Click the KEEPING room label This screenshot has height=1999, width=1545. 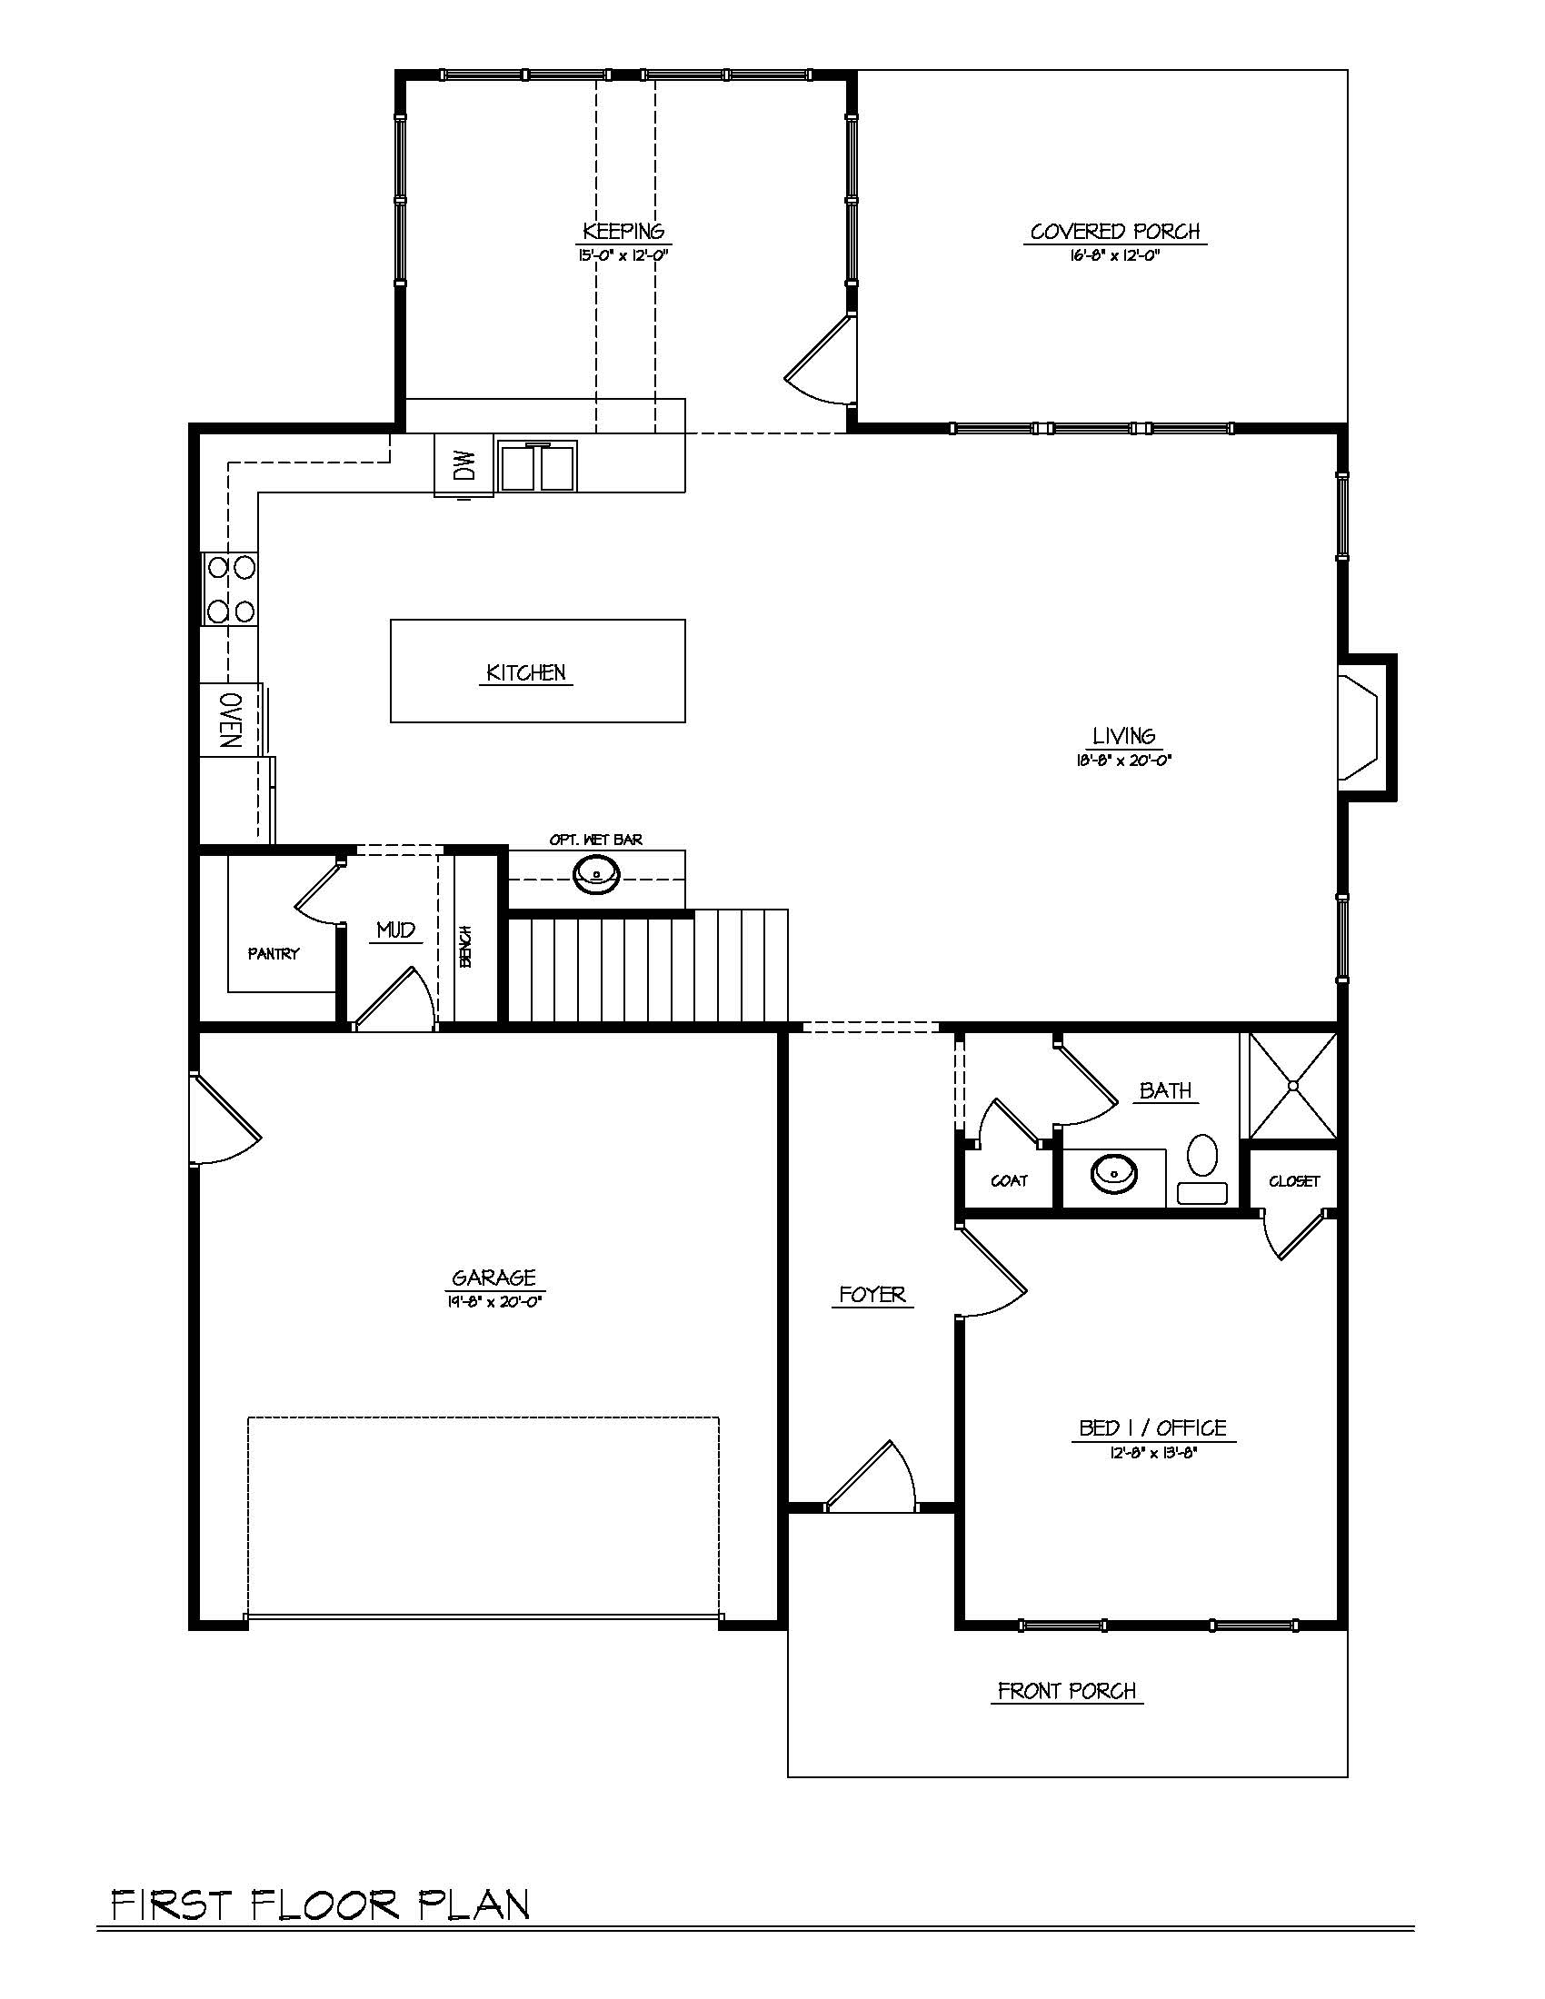pos(624,231)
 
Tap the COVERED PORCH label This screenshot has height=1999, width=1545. pos(1115,232)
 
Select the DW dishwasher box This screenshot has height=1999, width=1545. pos(464,466)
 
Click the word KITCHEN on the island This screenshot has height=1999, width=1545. pos(526,672)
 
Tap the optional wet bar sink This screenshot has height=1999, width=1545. pos(596,874)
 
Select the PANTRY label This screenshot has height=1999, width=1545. pos(274,954)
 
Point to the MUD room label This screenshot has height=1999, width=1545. pos(395,930)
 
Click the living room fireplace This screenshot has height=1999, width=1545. pos(1368,728)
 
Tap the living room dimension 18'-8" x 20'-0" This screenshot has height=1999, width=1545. pos(1124,759)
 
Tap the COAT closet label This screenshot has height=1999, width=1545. pos(1009,1180)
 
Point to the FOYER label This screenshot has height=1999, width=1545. pos(872,1294)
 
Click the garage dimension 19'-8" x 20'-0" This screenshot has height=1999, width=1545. pos(495,1300)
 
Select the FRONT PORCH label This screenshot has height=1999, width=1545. pos(1067,1691)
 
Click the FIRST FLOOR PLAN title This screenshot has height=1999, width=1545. pos(320,1904)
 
